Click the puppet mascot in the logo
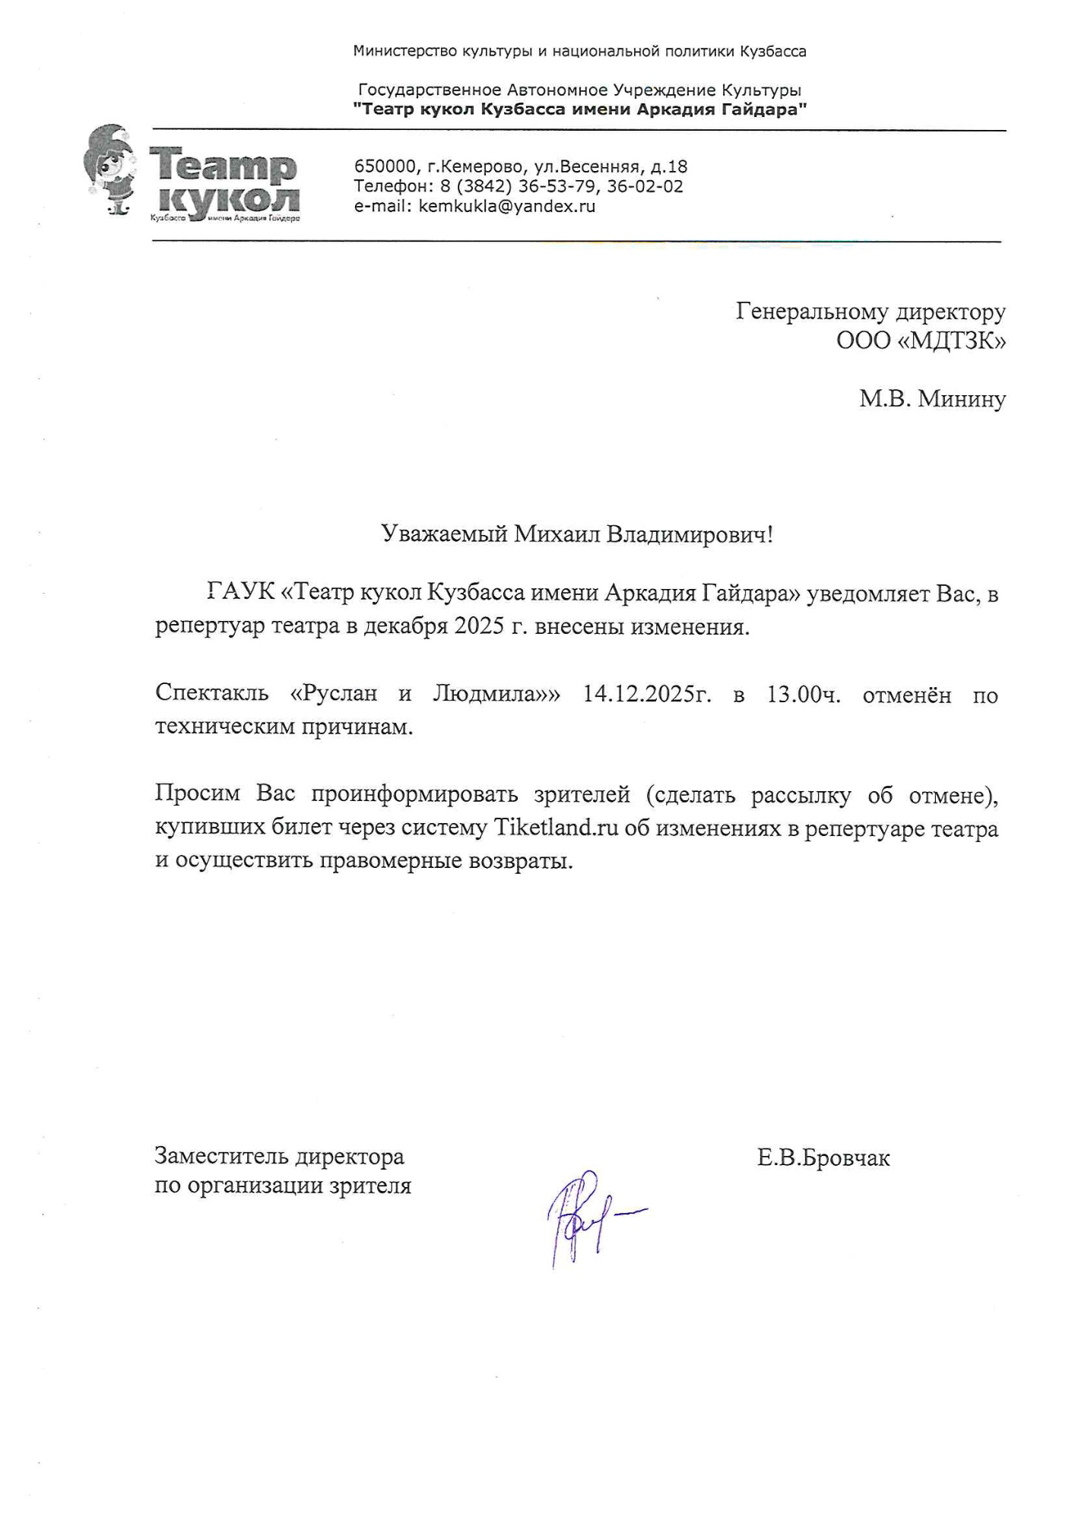pos(111,170)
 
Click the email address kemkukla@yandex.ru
pos(506,206)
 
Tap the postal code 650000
pos(385,166)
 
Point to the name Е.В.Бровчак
pos(823,1158)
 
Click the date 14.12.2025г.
pos(647,695)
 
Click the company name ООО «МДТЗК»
pos(921,341)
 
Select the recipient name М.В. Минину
pos(932,398)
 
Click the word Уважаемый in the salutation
pos(444,534)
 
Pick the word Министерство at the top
pos(404,52)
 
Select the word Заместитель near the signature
pos(221,1157)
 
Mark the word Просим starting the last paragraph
pos(199,794)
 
